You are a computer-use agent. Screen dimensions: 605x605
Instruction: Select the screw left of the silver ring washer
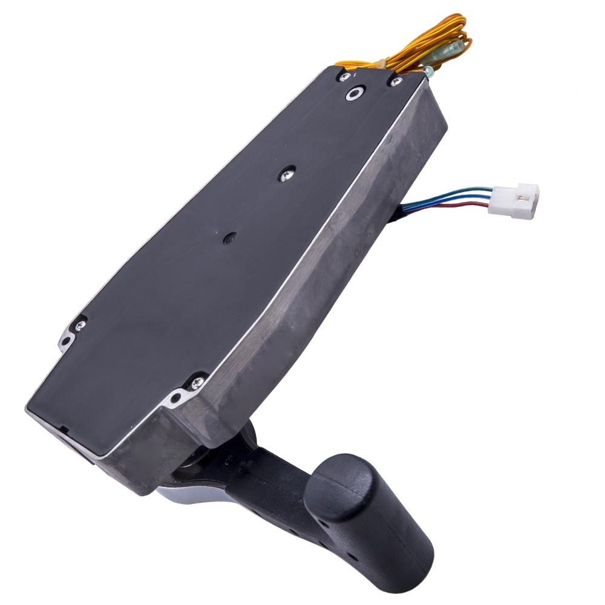click(x=344, y=77)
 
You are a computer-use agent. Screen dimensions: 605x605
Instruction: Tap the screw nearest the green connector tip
click(x=396, y=81)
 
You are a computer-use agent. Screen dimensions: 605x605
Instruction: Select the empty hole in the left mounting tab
click(x=65, y=342)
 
